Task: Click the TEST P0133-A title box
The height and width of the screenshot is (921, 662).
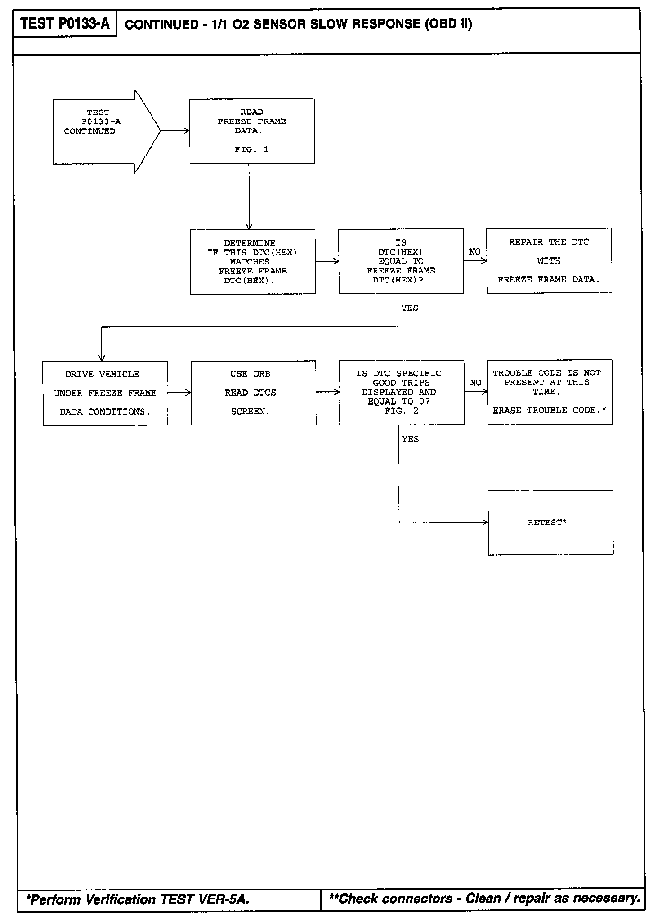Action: [65, 23]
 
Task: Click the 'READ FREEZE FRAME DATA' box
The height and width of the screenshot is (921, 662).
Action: [252, 130]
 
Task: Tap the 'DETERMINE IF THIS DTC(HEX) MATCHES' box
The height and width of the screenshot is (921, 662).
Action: [252, 262]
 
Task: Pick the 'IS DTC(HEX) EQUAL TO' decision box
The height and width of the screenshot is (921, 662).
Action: [401, 261]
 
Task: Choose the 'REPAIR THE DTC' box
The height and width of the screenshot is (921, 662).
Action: [549, 261]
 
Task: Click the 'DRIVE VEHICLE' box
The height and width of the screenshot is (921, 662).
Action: [105, 393]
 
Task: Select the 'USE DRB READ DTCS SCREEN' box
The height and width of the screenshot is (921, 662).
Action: [253, 393]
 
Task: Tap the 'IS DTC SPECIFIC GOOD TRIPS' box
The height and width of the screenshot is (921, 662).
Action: [401, 392]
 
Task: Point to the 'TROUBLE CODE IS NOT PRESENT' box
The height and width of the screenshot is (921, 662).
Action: [550, 392]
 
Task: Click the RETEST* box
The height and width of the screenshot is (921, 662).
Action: [550, 523]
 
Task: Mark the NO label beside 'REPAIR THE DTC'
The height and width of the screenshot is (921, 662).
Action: [474, 252]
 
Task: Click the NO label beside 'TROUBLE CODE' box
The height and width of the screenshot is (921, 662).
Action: [475, 383]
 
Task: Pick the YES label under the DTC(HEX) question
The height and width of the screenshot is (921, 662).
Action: [410, 308]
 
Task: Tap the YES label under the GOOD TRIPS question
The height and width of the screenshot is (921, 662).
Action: [410, 439]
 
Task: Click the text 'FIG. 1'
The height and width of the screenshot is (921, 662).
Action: [251, 149]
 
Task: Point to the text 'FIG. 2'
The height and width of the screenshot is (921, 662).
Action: [401, 411]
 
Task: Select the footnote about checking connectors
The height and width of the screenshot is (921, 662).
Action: [485, 899]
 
